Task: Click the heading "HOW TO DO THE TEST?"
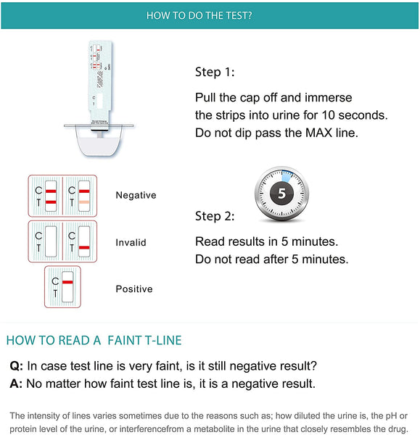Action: coord(199,15)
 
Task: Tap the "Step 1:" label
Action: coord(215,72)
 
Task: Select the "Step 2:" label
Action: coord(215,216)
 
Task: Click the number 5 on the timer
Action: coord(281,193)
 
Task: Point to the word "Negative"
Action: coord(136,195)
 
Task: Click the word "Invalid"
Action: coord(131,242)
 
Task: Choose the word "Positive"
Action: coord(134,289)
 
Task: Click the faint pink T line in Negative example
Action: coord(84,202)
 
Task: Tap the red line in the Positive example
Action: coord(67,282)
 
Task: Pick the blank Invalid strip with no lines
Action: coord(51,241)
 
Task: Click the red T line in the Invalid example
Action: coord(84,247)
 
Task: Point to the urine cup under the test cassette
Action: coord(99,141)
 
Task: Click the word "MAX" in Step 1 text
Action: coord(318,133)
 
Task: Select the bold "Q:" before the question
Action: coord(17,366)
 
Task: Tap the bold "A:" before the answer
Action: coord(16,384)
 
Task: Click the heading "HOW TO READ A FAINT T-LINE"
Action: coord(94,341)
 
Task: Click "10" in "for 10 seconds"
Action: coord(329,115)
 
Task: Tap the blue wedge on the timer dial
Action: coord(287,176)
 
